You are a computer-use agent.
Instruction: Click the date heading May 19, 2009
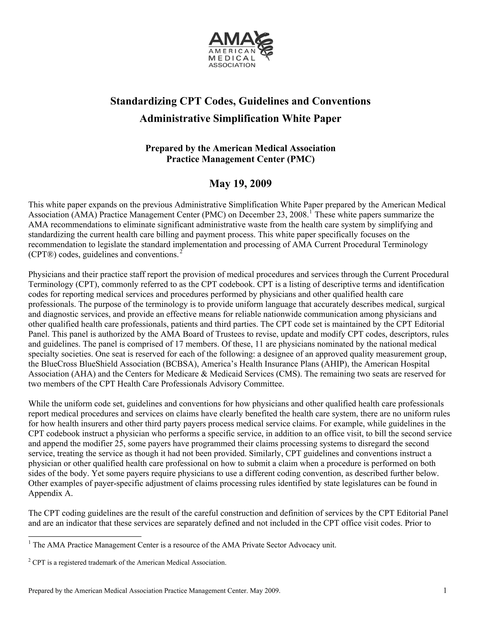(x=240, y=184)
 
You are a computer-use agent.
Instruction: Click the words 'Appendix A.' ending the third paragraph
(x=50, y=493)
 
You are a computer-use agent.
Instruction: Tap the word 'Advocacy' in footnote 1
(x=304, y=545)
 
